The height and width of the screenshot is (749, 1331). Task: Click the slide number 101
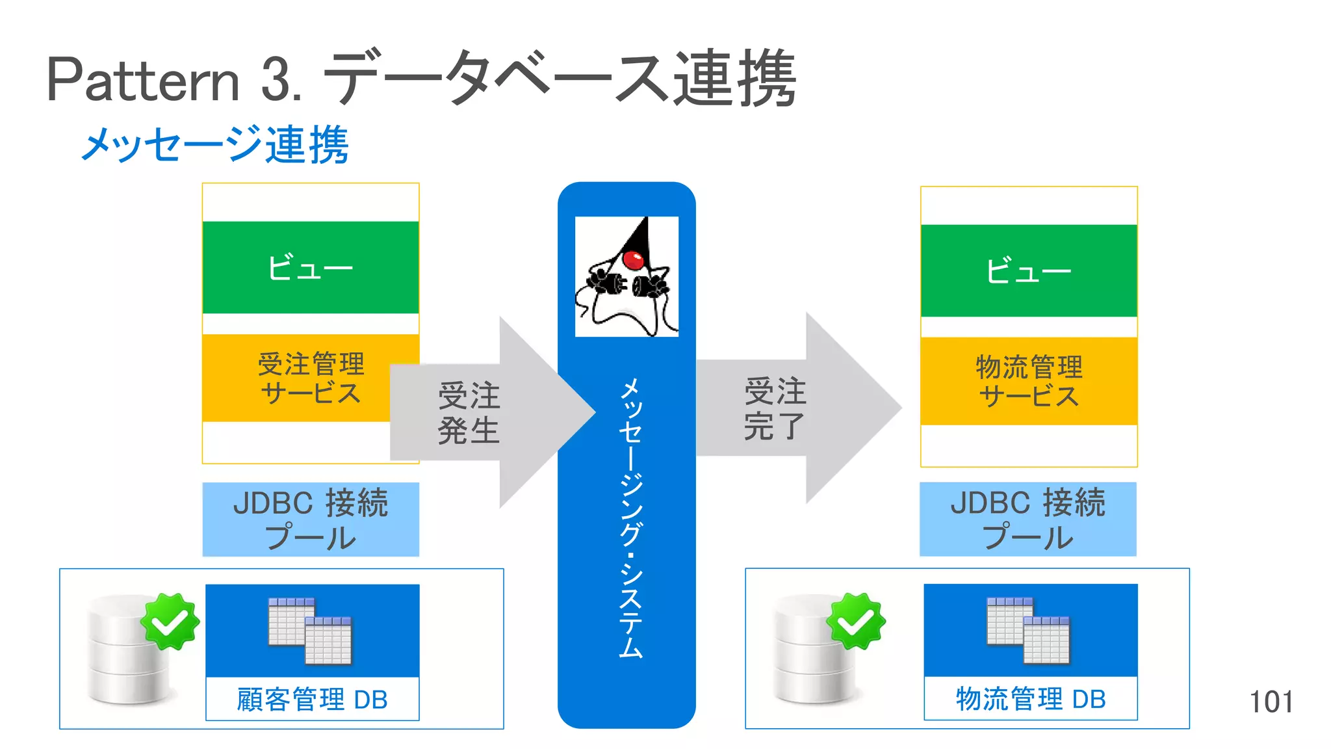click(x=1271, y=702)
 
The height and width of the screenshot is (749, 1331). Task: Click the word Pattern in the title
click(x=143, y=81)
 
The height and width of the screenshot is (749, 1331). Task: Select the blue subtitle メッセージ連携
click(x=215, y=144)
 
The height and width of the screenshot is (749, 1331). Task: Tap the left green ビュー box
click(x=311, y=267)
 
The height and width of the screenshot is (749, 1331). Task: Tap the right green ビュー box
click(x=1028, y=270)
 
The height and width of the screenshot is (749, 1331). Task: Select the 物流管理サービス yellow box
click(x=1028, y=381)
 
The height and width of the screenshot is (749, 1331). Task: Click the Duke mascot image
click(x=627, y=276)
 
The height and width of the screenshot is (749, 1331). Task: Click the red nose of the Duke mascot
click(x=632, y=260)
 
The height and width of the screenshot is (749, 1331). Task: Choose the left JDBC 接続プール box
click(x=311, y=519)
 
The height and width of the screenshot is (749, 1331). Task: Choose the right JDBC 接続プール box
click(x=1028, y=519)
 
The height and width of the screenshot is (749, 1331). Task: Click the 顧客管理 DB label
click(x=312, y=700)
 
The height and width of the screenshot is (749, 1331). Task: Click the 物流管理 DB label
click(x=1030, y=699)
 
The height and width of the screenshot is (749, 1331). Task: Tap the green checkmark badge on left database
click(x=170, y=622)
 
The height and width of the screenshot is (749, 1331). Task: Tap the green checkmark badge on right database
click(x=855, y=622)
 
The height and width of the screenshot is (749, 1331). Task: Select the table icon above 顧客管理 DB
click(x=310, y=631)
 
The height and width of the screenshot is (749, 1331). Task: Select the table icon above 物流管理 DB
click(x=1028, y=630)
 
